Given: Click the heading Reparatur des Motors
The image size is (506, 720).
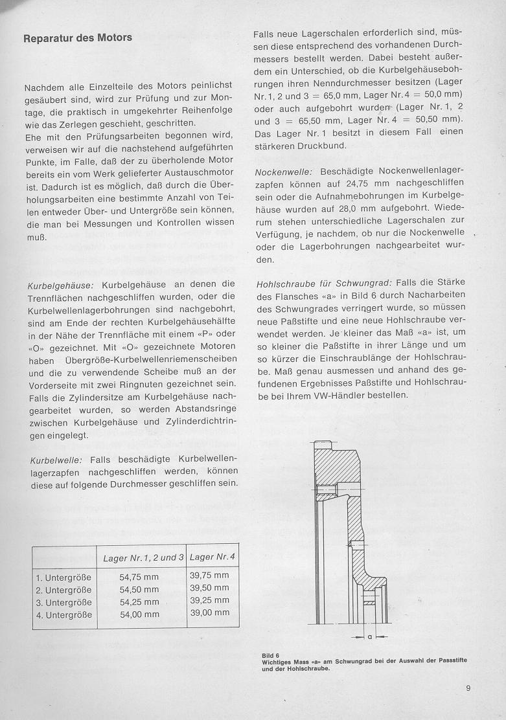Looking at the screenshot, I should point(78,38).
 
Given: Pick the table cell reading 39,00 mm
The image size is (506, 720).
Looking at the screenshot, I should point(209,612).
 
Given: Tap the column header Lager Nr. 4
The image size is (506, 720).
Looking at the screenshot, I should point(212,557).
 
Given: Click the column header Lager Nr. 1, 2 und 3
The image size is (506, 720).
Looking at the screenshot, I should point(144,557).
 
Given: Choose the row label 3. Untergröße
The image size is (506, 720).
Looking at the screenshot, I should point(64,602).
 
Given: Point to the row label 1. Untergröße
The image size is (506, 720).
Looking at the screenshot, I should point(64,578).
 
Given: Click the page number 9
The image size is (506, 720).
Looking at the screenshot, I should point(468,688).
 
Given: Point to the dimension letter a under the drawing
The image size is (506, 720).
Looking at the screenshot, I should point(369,636).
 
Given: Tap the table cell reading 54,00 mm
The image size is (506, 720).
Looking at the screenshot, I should point(139,614).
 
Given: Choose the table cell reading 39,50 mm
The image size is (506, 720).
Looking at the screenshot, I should point(209,587).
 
